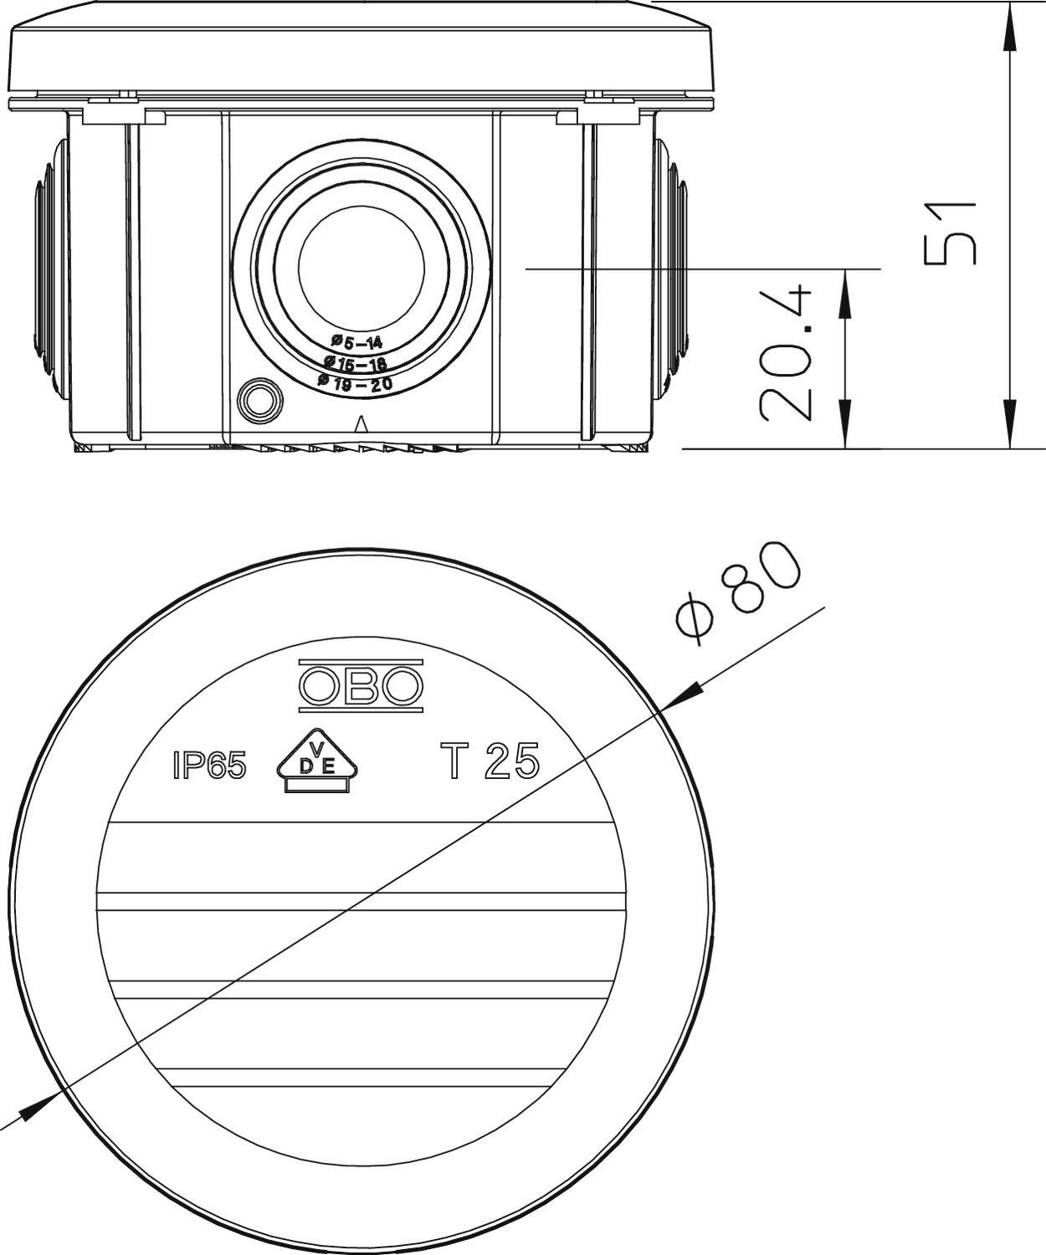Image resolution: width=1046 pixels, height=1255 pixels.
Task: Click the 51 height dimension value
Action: [951, 232]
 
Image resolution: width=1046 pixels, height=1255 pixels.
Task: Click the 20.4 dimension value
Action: [787, 353]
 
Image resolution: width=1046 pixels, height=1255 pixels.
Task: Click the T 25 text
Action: [490, 761]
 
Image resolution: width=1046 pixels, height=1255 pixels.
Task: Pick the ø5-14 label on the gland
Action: [356, 341]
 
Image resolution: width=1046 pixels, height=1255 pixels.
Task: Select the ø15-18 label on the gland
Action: [356, 363]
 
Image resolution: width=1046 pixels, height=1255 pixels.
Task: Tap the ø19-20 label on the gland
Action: [356, 383]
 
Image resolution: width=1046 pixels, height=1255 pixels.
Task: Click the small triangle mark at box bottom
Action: [361, 424]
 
